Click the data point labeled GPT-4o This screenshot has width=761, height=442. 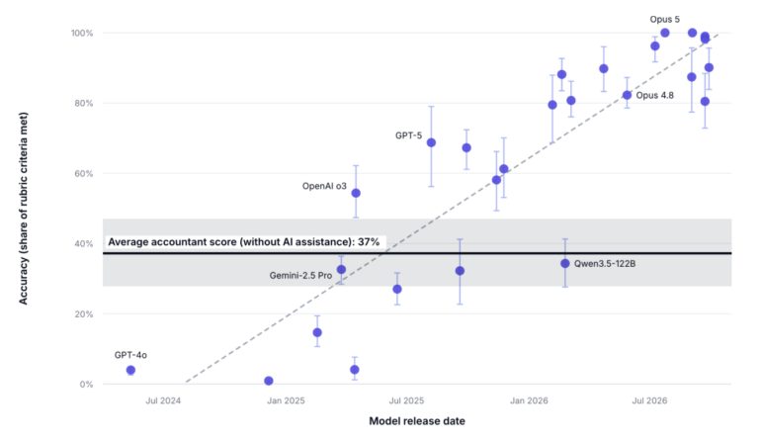click(x=130, y=370)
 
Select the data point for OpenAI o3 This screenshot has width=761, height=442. click(x=356, y=193)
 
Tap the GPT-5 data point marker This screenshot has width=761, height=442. click(x=431, y=142)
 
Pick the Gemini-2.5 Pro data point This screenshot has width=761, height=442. click(x=341, y=270)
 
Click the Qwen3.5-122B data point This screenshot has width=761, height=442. click(x=565, y=263)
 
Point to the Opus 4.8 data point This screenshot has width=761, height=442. click(x=627, y=95)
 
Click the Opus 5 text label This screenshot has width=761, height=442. click(x=665, y=20)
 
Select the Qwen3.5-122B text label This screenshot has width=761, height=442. click(x=605, y=264)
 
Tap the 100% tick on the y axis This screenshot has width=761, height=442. click(x=82, y=33)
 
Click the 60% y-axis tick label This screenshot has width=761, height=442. click(x=83, y=173)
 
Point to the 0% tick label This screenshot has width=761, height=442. click(x=86, y=385)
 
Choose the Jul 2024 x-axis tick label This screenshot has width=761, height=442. click(x=163, y=400)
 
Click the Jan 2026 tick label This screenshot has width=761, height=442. click(x=529, y=400)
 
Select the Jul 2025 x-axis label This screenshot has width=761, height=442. click(x=406, y=400)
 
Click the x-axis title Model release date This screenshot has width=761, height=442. click(x=417, y=421)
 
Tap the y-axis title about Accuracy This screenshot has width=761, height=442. click(x=24, y=209)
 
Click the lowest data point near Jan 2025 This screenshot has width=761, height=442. click(x=269, y=381)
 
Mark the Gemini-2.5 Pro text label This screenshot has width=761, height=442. click(x=300, y=276)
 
